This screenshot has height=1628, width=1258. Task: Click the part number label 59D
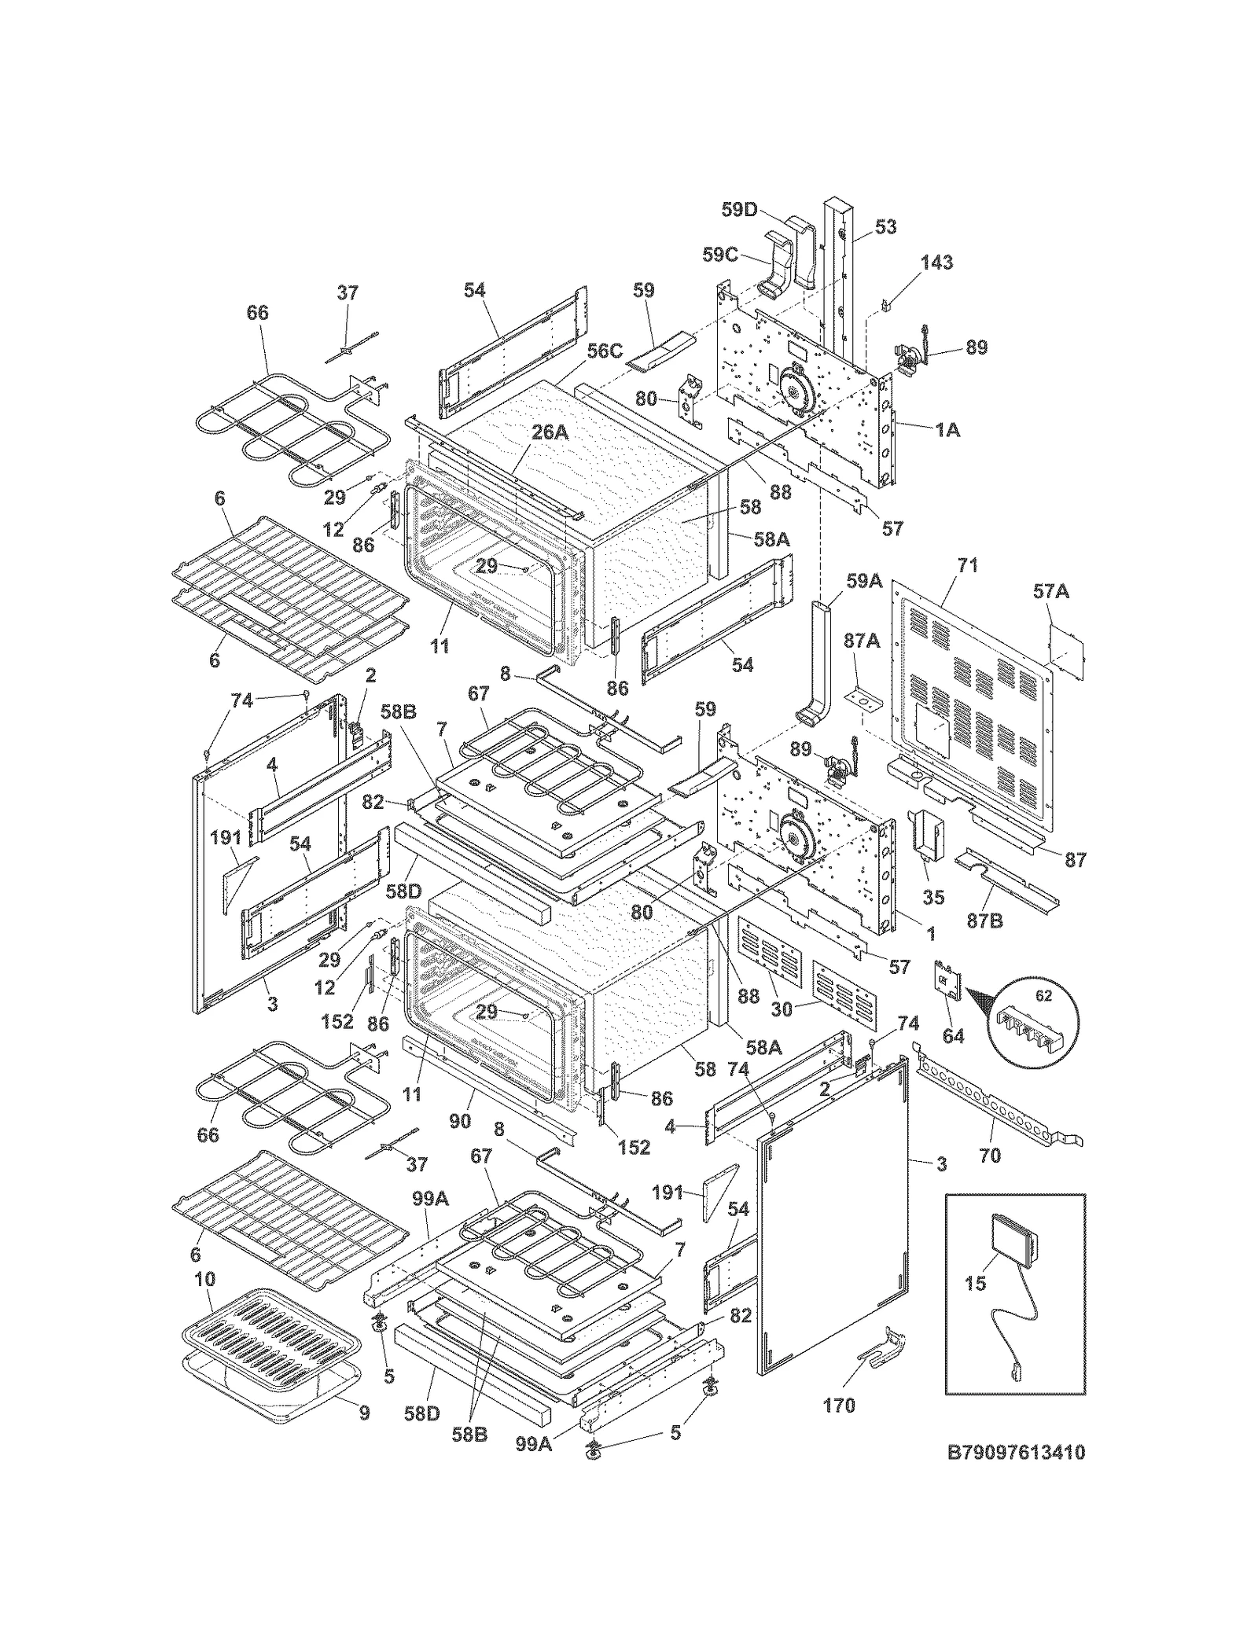739,210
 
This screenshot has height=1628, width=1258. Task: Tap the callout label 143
937,262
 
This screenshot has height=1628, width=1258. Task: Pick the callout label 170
838,1405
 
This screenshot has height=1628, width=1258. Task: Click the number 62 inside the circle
1043,996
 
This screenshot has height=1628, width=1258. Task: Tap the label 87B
985,919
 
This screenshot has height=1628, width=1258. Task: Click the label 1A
947,430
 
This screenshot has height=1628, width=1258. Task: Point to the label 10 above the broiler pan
204,1280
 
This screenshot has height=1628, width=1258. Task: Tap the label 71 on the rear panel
967,565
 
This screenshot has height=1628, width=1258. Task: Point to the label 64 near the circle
953,1035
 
